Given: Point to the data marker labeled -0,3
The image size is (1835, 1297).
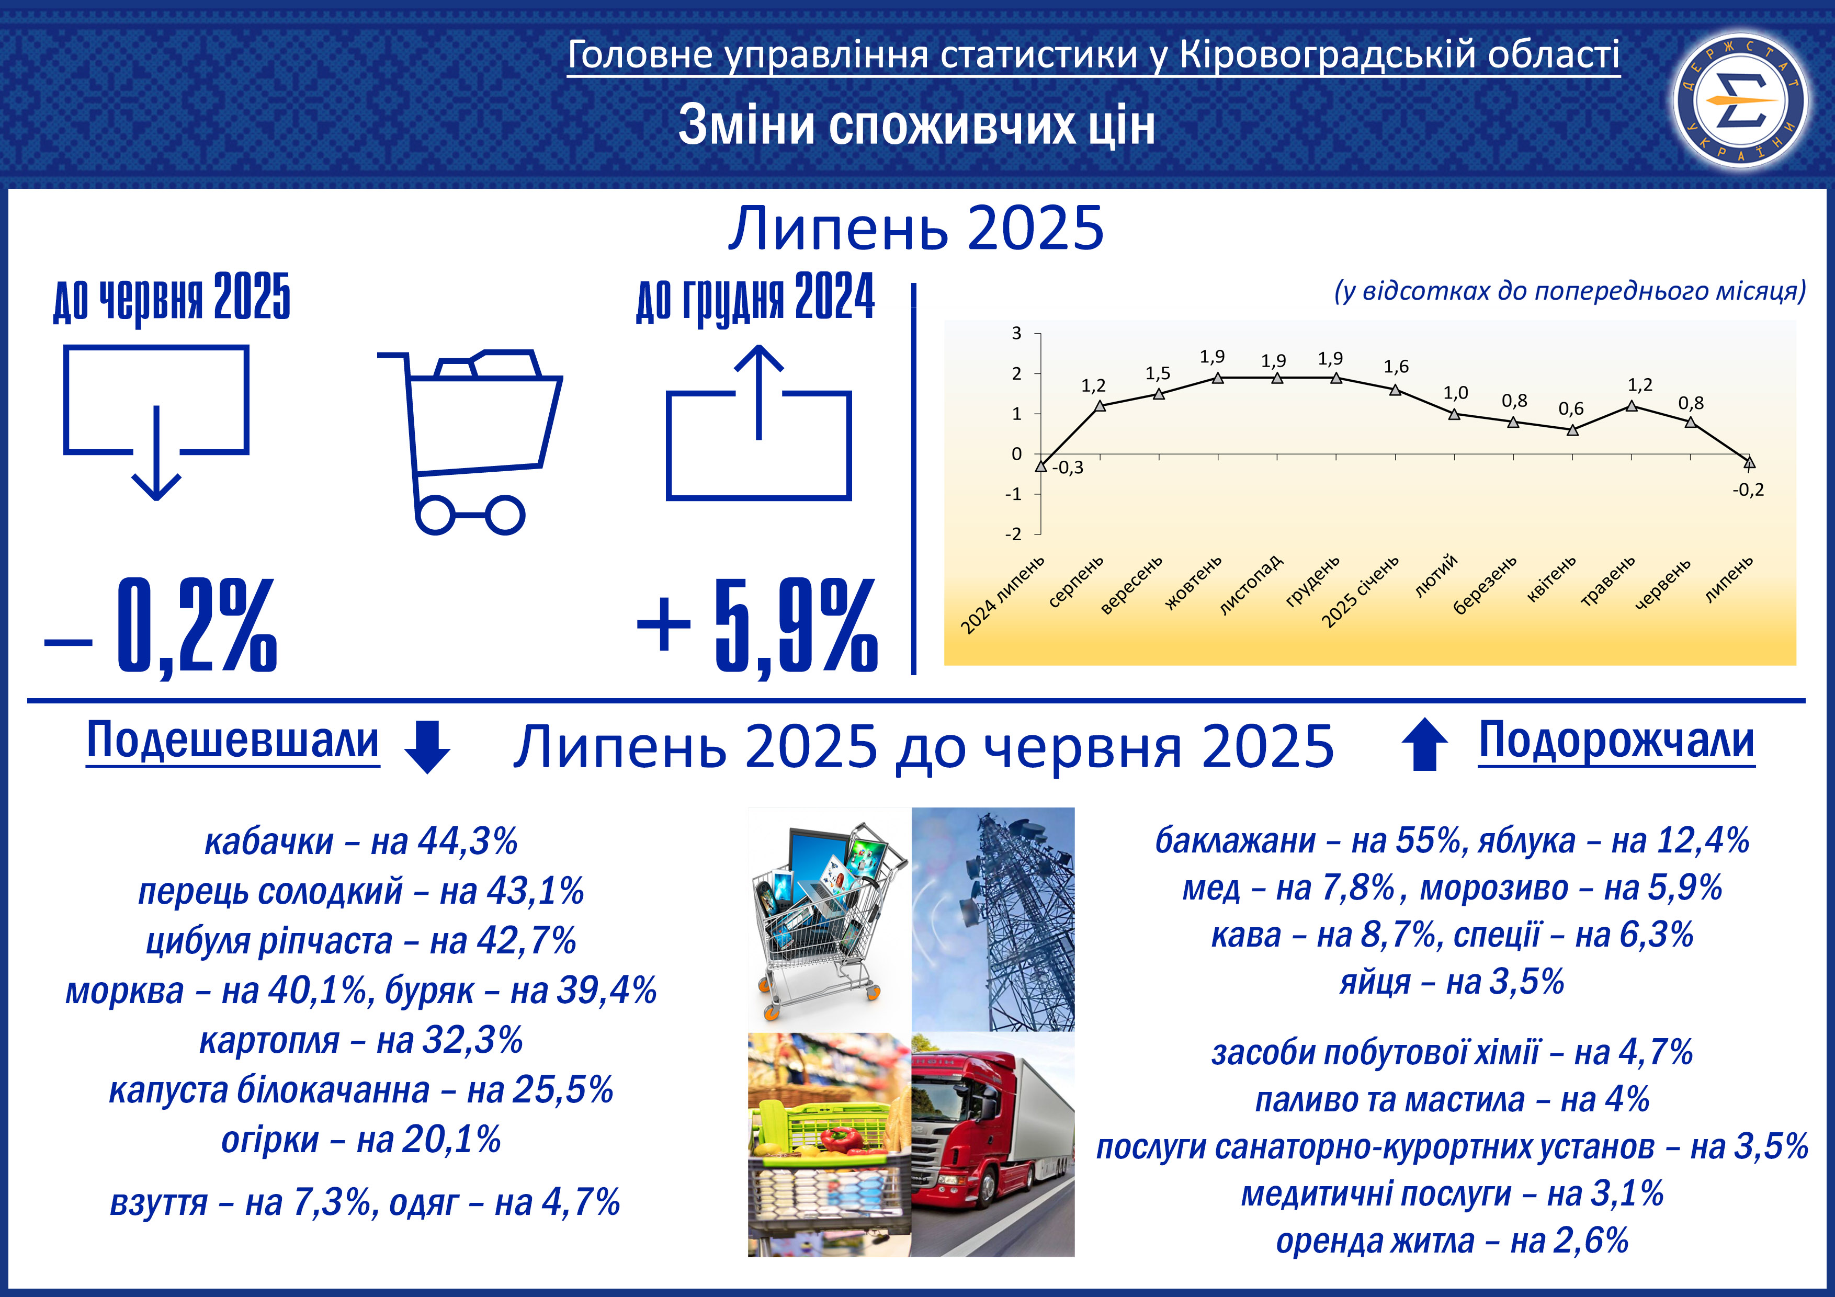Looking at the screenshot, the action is tap(1040, 466).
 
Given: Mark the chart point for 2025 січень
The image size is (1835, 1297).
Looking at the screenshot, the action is tap(1396, 390).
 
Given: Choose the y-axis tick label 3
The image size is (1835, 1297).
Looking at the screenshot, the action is tap(1016, 333).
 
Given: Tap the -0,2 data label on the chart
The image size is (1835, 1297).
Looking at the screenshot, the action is tap(1748, 490).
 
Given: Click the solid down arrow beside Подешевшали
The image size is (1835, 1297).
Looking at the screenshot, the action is tap(427, 746).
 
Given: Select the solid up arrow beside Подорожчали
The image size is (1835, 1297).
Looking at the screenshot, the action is tap(1424, 744).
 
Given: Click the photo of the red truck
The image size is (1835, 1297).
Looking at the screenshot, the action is tap(993, 1144).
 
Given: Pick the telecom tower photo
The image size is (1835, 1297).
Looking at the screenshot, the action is tap(993, 919).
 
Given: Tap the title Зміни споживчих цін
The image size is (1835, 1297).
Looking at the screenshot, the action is tap(916, 126).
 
